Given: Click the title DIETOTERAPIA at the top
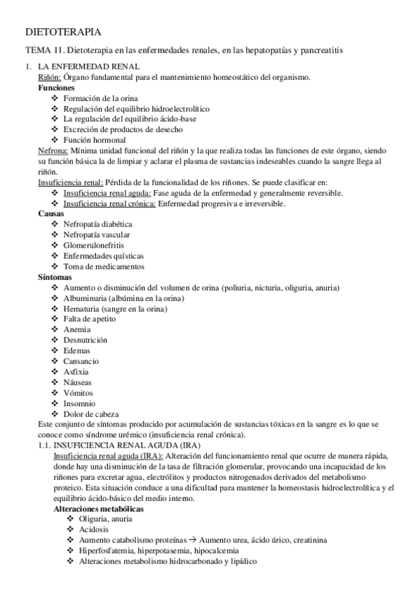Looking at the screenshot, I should coord(62,32).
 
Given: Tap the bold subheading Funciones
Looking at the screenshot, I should coord(56,88).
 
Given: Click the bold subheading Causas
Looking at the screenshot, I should coord(51,214).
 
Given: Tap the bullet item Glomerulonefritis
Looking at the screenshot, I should coord(95,246).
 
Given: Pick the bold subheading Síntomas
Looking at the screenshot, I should coord(55,277).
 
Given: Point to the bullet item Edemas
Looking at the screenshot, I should coord(76,351).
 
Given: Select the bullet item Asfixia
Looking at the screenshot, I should coord(76,372).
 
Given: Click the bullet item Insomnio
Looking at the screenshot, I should coord(80,403).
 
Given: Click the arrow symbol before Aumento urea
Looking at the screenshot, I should coord(193,540).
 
